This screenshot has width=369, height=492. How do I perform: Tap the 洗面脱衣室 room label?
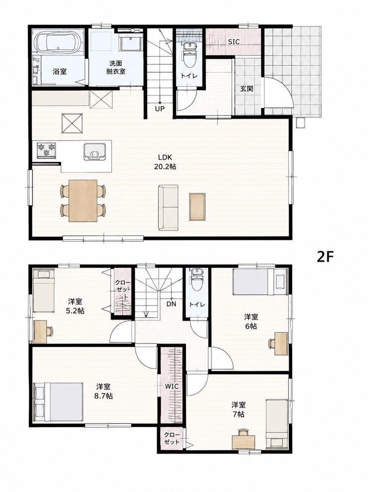pyautogui.click(x=116, y=67)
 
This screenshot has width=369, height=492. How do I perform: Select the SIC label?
pyautogui.click(x=233, y=41)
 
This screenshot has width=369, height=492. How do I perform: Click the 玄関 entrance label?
pyautogui.click(x=247, y=89)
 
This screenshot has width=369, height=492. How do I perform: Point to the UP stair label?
pyautogui.click(x=160, y=109)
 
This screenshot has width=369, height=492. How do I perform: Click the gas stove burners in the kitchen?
pyautogui.click(x=46, y=150)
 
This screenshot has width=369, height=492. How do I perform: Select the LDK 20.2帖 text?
pyautogui.click(x=165, y=162)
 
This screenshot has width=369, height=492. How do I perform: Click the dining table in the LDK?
pyautogui.click(x=83, y=200)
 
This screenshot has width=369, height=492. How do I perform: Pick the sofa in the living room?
pyautogui.click(x=168, y=207)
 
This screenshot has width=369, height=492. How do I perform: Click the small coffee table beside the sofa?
pyautogui.click(x=197, y=206)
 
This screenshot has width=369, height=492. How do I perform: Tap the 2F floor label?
pyautogui.click(x=325, y=257)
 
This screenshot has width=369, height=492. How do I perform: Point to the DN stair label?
pyautogui.click(x=172, y=304)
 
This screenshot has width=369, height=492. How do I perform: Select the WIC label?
pyautogui.click(x=172, y=386)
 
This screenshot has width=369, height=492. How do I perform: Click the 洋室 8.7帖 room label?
pyautogui.click(x=103, y=391)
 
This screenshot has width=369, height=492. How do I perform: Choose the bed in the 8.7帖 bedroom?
pyautogui.click(x=59, y=402)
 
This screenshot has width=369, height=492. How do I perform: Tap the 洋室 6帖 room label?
pyautogui.click(x=251, y=322)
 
